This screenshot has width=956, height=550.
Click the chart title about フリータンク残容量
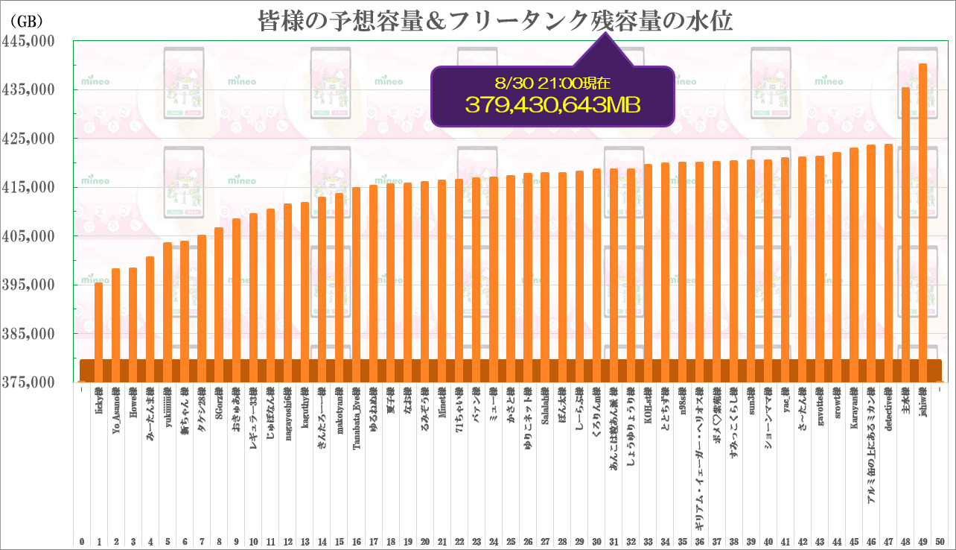click(495, 20)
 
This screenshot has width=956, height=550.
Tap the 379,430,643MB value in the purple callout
click(553, 105)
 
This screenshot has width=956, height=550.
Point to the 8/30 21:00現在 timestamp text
click(553, 83)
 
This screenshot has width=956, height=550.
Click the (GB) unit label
click(28, 20)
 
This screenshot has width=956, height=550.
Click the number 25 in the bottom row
click(511, 541)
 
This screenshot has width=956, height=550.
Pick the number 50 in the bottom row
click(940, 541)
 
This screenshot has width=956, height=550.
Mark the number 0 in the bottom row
click(81, 541)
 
